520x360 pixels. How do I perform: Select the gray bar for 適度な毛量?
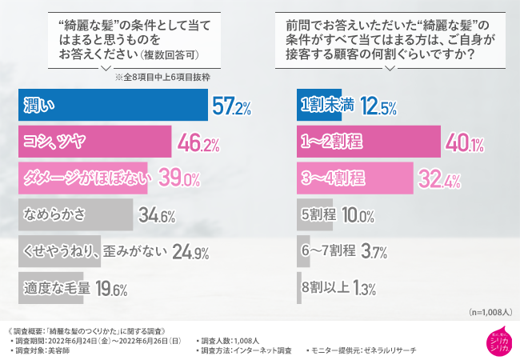(53, 287)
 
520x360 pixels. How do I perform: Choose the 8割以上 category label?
(323, 287)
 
